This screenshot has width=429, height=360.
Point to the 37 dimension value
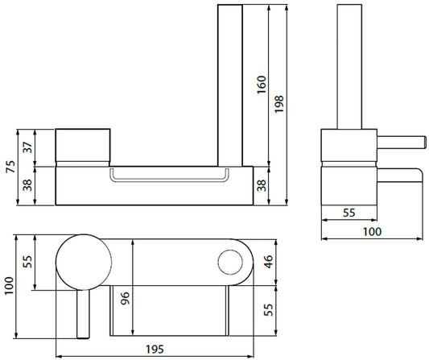[x=28, y=147]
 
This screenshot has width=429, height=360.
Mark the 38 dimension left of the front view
[x=28, y=184]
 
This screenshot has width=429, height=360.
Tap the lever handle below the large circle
[x=80, y=310]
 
